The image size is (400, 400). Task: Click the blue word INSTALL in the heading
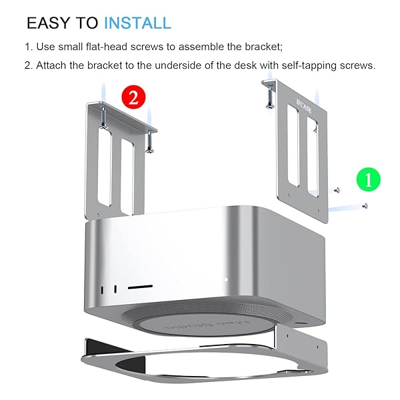point(137,23)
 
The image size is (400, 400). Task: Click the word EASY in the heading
point(48,23)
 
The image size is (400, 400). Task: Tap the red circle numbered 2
point(133,97)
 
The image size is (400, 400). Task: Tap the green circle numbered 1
point(368,179)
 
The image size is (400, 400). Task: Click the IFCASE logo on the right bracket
point(304,106)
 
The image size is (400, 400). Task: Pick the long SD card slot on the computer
point(140,287)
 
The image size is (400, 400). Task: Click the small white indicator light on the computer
point(226,280)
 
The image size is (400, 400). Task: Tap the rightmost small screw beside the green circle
point(365,205)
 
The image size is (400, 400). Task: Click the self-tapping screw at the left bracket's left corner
point(103,117)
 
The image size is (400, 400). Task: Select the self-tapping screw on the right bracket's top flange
point(269,97)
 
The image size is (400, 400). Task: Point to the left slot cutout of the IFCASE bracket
point(293,145)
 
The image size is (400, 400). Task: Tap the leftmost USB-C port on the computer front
point(103,290)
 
